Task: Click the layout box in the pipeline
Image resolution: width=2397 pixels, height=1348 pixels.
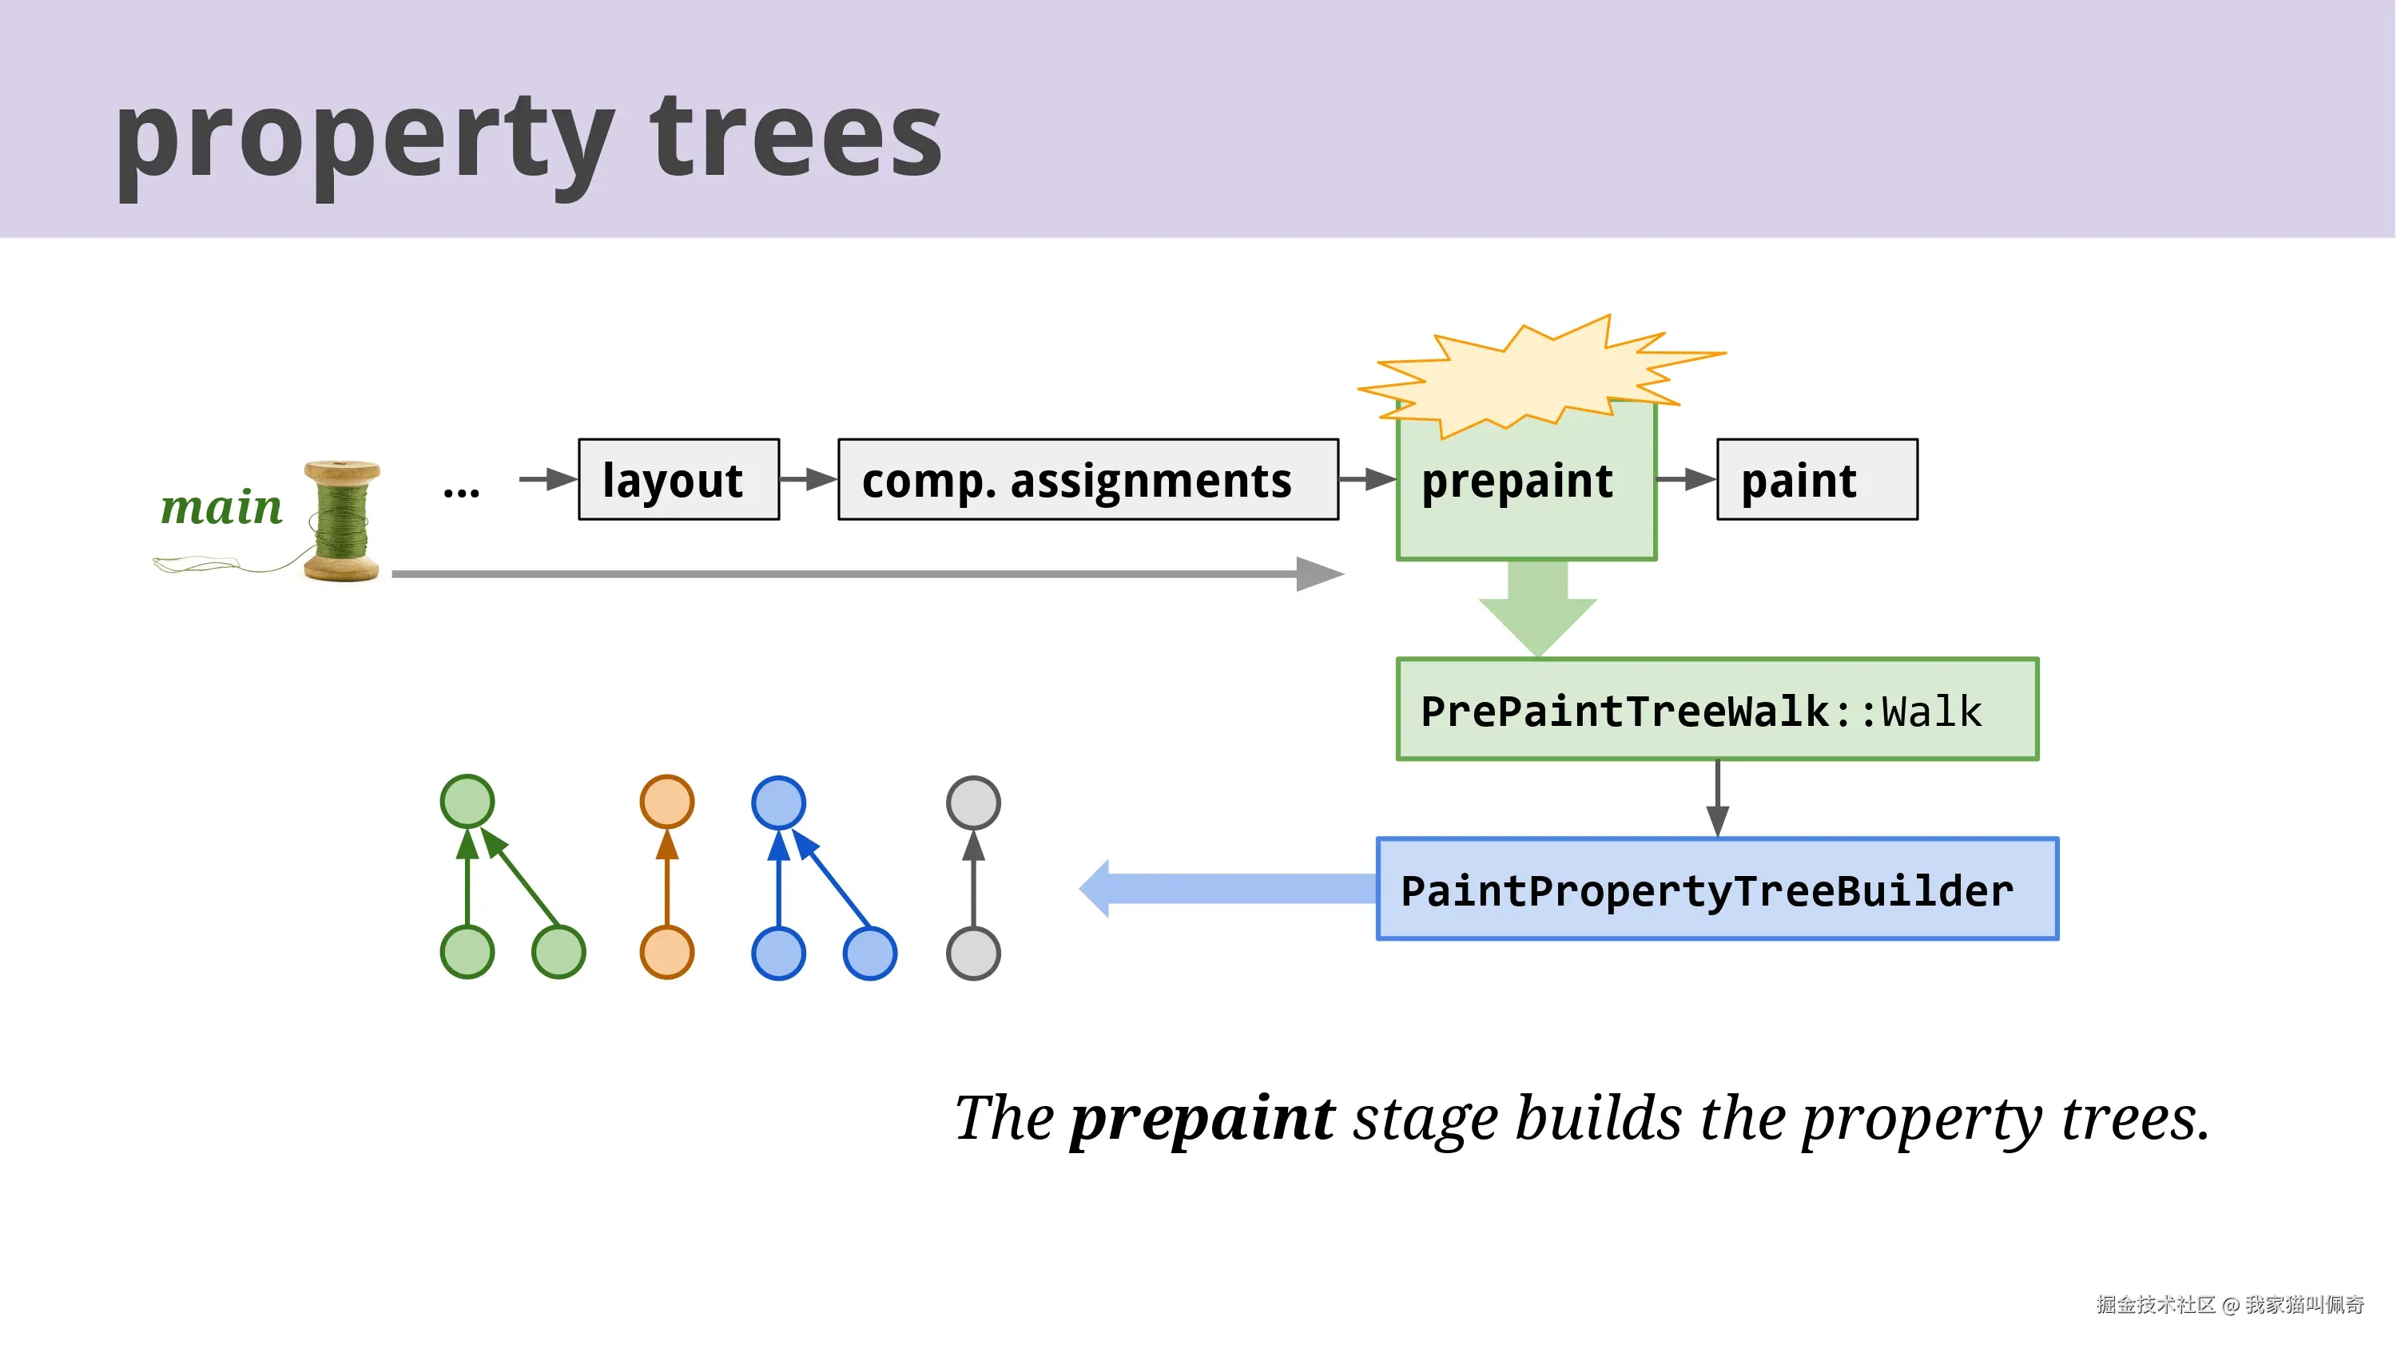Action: tap(678, 479)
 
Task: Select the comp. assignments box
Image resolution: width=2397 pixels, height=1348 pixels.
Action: tap(1087, 479)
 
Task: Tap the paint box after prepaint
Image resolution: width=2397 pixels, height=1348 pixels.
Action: tap(1816, 479)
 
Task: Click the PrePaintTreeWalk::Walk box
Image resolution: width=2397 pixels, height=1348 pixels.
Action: tap(1717, 709)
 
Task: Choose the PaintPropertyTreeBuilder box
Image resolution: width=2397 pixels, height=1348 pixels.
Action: tap(1717, 890)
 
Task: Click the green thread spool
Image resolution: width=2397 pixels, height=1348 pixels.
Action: tap(343, 520)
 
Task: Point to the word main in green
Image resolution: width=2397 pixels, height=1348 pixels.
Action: tap(221, 507)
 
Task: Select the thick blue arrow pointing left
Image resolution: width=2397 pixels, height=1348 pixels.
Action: tap(1227, 889)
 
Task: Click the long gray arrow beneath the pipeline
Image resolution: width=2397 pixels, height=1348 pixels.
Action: tap(869, 574)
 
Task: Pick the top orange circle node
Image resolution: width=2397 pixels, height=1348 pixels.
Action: tap(666, 802)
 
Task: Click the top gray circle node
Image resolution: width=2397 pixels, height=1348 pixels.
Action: tap(972, 803)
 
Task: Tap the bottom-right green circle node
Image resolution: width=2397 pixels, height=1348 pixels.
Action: tap(559, 952)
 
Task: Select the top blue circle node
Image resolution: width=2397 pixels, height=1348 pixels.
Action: tap(778, 803)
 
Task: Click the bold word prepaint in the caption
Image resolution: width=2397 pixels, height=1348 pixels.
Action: tap(1202, 1119)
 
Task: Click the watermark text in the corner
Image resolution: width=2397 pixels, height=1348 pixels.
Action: tap(2229, 1304)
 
